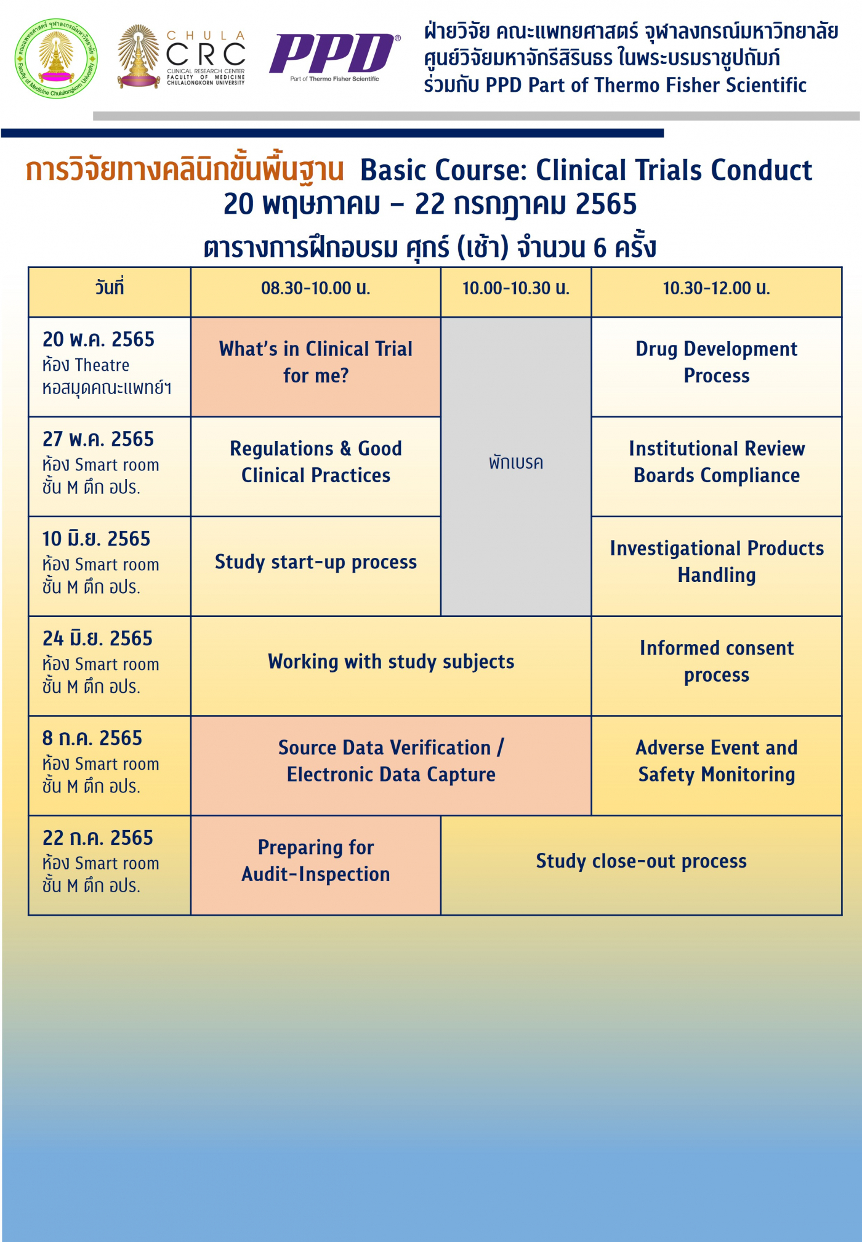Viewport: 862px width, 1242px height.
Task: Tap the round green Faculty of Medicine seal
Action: (x=56, y=58)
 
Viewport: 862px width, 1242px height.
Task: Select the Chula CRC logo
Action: (x=182, y=57)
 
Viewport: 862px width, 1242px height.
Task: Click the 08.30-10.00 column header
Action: (x=315, y=288)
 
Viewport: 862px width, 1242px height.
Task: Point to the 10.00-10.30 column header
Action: (x=516, y=288)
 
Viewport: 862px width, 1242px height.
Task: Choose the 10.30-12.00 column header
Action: (x=716, y=288)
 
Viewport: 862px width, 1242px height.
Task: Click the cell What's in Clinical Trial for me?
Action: (x=315, y=362)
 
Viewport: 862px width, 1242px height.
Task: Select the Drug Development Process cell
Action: (x=716, y=362)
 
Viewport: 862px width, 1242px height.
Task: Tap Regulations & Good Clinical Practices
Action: (x=315, y=462)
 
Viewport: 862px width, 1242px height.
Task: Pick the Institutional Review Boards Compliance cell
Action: (x=716, y=462)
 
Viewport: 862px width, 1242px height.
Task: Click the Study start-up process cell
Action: (x=315, y=562)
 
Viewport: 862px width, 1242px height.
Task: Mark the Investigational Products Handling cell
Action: (x=716, y=562)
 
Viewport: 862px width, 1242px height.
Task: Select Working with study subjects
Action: (x=391, y=662)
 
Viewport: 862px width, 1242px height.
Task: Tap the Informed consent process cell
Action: (x=716, y=662)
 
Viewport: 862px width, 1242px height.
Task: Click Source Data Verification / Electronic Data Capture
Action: (x=391, y=761)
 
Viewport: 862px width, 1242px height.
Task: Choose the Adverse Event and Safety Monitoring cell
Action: (x=716, y=761)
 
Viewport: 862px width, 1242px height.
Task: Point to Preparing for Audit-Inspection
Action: (x=315, y=861)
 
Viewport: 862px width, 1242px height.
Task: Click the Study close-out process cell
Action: (x=641, y=861)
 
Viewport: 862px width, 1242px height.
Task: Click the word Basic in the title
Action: (x=398, y=171)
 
